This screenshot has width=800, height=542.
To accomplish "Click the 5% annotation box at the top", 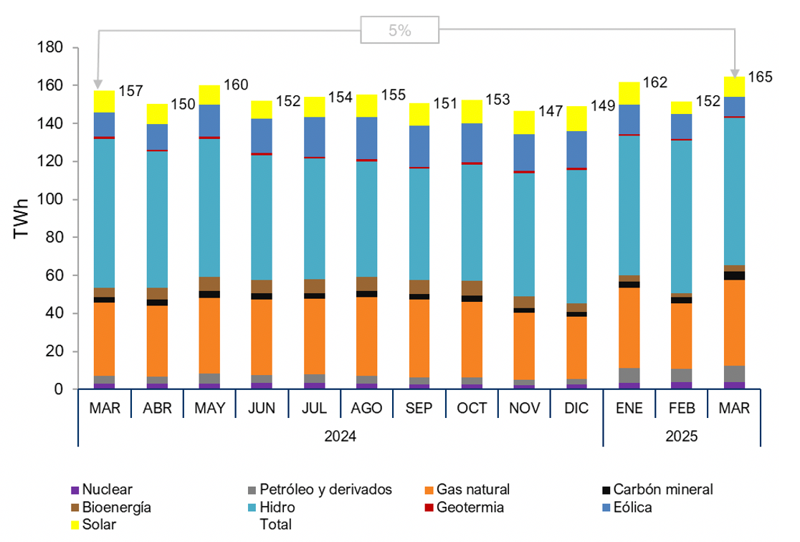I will click(400, 31).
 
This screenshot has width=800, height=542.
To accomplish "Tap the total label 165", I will click(760, 77).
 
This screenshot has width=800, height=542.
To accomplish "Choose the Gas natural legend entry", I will click(473, 490).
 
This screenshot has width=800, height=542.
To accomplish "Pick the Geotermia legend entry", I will click(470, 508).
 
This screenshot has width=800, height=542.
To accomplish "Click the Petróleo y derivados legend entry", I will click(325, 490).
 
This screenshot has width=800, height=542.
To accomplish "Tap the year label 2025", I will click(682, 435).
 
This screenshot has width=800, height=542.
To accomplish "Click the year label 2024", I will click(341, 435).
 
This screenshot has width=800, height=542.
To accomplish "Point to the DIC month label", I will click(576, 409).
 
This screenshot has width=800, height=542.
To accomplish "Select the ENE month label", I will click(629, 409).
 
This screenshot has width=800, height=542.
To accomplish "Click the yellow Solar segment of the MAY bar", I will click(210, 95).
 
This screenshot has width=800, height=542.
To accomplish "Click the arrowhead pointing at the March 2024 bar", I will click(97, 85).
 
